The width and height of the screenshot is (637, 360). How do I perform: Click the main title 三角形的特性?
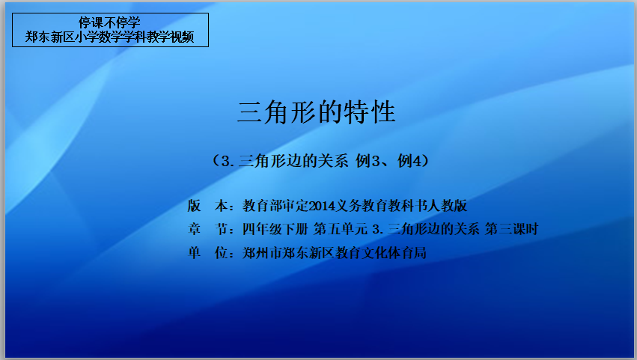[317, 112]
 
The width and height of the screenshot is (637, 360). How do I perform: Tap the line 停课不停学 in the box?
[110, 22]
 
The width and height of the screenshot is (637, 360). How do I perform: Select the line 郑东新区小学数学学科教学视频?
[110, 37]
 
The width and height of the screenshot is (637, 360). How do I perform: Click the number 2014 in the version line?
[322, 206]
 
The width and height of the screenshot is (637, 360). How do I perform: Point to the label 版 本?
[207, 206]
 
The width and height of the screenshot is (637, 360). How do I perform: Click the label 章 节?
[207, 229]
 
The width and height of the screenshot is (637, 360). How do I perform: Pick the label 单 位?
[207, 253]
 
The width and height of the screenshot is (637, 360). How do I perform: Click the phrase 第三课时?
[512, 229]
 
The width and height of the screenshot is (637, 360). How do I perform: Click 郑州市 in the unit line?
[262, 253]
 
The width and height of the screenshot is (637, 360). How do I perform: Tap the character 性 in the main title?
[382, 112]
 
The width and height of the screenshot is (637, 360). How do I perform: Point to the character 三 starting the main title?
[249, 112]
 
